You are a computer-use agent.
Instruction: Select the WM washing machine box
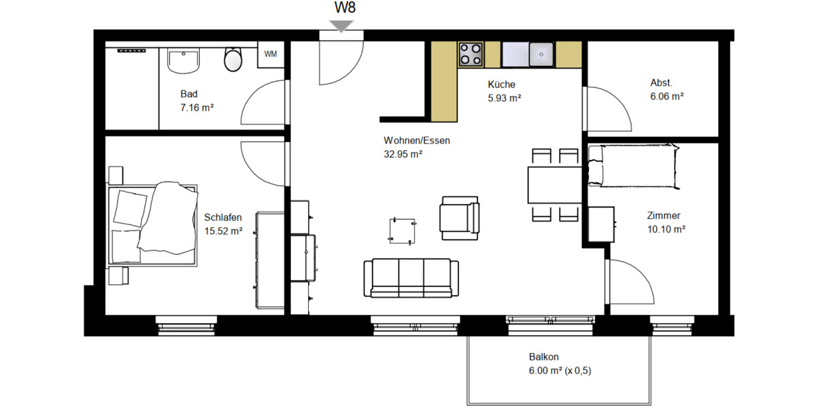271,54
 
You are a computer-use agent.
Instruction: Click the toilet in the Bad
233,60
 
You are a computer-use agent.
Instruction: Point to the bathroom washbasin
184,61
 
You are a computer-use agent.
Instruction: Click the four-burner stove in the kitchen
471,54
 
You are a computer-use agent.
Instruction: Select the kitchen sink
541,53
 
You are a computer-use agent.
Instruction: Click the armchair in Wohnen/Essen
459,218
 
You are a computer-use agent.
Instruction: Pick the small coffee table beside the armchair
401,230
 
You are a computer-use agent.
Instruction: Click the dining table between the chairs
554,185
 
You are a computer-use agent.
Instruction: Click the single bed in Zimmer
633,166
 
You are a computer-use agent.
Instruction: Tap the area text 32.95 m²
403,154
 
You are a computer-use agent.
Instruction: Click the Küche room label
501,85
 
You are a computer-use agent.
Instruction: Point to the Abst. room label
661,83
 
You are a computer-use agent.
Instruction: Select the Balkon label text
543,357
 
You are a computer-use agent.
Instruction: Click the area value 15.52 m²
224,231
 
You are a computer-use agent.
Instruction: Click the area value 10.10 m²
665,229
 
